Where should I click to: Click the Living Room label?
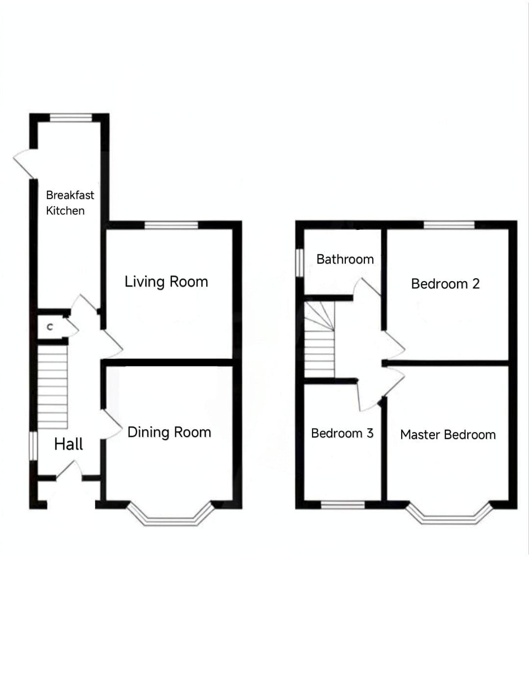point(166,282)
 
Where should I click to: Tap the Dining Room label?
point(169,432)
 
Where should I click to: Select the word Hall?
point(69,444)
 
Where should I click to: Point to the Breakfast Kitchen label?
point(70,203)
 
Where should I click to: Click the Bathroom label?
point(345,259)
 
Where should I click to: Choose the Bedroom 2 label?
point(445,284)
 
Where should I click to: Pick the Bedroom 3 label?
point(342,433)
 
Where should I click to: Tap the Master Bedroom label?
point(448,434)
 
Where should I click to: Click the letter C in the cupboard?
point(50,327)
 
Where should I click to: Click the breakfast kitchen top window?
point(71,118)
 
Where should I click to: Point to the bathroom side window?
point(300,263)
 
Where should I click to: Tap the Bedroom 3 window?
point(343,505)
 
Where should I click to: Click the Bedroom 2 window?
point(449,225)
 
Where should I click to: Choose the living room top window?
point(171,225)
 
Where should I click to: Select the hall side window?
point(33,446)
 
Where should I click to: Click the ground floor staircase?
point(53,387)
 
